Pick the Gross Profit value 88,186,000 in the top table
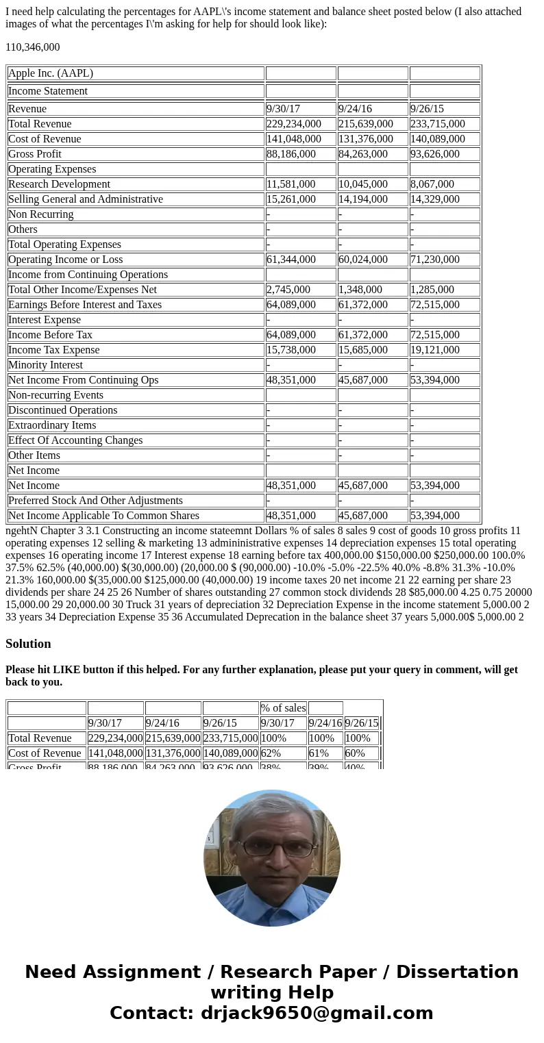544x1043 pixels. tap(293, 154)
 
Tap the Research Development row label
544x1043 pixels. tap(59, 184)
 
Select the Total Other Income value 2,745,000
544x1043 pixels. tap(288, 290)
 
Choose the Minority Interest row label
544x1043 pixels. tap(45, 365)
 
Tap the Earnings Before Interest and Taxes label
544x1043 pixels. tap(85, 305)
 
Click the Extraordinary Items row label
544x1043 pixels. tap(52, 425)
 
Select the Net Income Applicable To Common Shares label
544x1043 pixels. tap(103, 516)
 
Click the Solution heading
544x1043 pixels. tap(28, 644)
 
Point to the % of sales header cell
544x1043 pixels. tap(283, 708)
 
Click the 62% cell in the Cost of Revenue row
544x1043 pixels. tap(271, 753)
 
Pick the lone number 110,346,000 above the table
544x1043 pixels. tap(33, 47)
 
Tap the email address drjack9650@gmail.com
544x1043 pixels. tap(317, 1013)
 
